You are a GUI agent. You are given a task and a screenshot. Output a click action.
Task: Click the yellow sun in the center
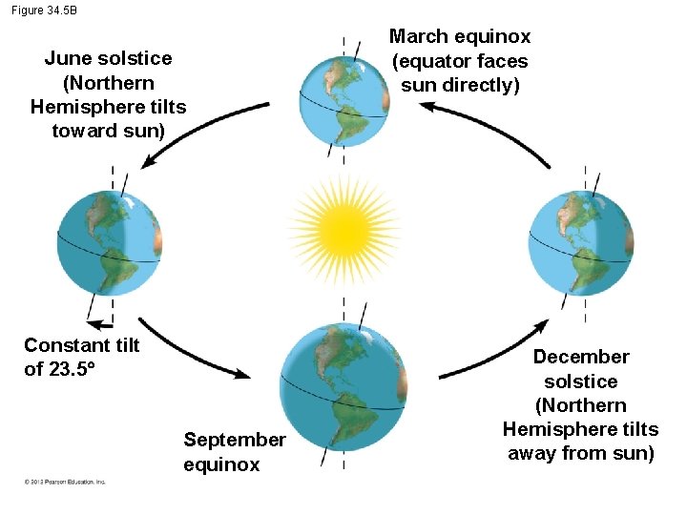click(x=343, y=229)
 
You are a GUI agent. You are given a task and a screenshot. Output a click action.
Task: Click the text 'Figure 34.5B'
click(x=44, y=10)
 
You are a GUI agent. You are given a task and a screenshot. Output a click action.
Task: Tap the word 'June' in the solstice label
click(x=67, y=58)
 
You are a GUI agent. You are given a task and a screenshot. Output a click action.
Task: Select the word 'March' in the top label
click(x=419, y=37)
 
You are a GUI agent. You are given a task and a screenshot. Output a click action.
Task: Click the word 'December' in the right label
click(x=581, y=357)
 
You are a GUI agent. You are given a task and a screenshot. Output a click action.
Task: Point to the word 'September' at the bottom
click(x=235, y=440)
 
